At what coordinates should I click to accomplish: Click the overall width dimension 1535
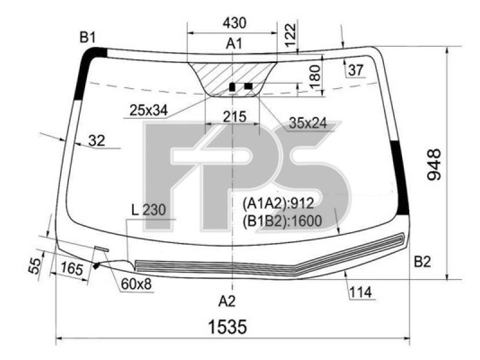click(227, 326)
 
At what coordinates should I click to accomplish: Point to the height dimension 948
click(434, 164)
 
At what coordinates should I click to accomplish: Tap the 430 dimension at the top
click(235, 23)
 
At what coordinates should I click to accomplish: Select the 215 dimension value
click(235, 116)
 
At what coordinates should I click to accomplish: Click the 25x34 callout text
click(148, 110)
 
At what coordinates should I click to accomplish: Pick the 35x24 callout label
click(308, 123)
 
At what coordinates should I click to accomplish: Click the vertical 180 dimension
click(315, 77)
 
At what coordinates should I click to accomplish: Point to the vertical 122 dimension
click(291, 35)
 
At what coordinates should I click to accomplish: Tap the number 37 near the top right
click(355, 70)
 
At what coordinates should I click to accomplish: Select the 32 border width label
click(97, 141)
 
